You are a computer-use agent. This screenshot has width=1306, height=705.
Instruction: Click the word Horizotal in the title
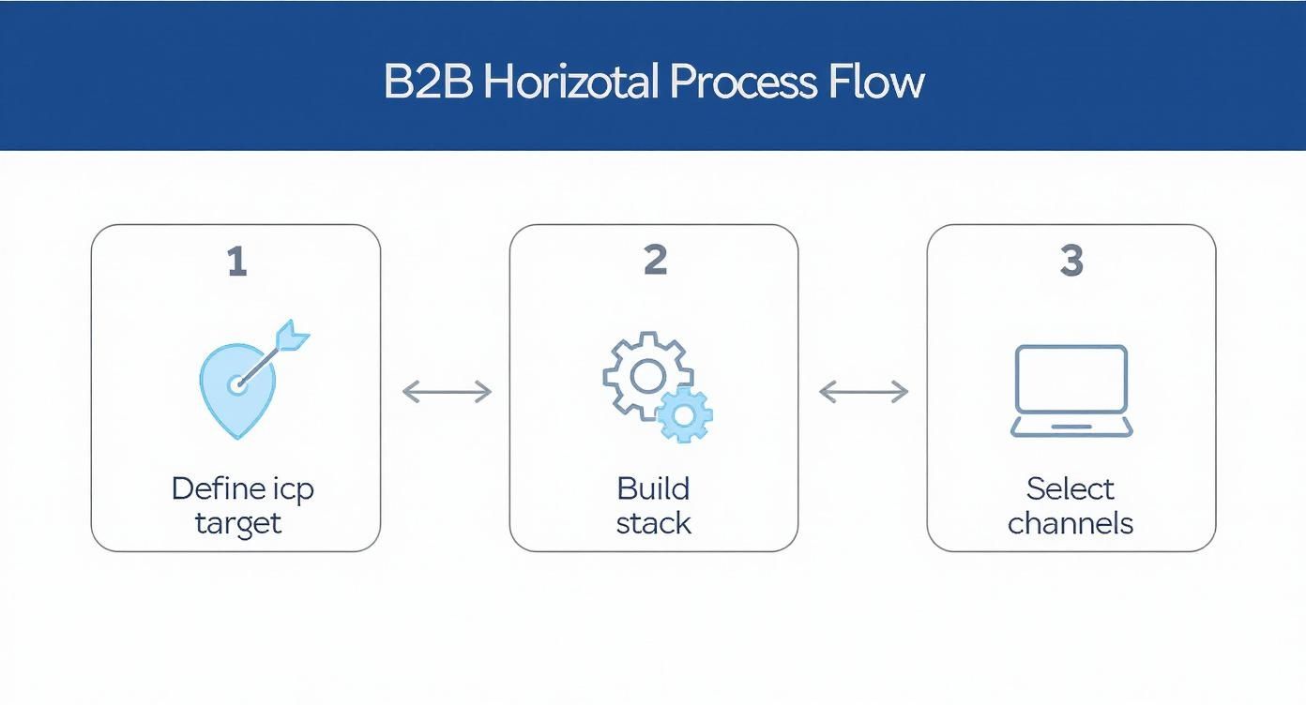[x=572, y=82]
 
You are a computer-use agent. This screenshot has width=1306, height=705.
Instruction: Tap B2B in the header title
[x=430, y=82]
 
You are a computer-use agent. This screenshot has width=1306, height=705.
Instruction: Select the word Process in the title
[x=742, y=82]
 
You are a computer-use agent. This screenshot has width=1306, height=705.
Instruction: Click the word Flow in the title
[x=876, y=82]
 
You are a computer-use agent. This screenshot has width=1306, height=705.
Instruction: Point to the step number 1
[x=237, y=262]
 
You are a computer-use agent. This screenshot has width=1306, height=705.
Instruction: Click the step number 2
[x=655, y=261]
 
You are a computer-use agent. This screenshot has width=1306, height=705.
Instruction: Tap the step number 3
[x=1071, y=261]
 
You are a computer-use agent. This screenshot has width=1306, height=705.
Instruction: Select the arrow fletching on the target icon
[x=295, y=335]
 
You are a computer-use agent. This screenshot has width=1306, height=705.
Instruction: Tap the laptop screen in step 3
[x=1071, y=379]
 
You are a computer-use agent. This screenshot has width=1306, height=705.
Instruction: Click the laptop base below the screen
[x=1071, y=427]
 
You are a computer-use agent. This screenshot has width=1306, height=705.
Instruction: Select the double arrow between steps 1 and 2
[x=447, y=392]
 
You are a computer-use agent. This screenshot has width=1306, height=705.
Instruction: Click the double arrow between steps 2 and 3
[x=863, y=392]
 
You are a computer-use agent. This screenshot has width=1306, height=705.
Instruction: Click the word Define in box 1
[x=209, y=488]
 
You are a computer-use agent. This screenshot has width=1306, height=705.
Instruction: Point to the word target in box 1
[x=237, y=522]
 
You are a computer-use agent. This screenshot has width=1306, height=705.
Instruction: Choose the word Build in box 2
[x=653, y=488]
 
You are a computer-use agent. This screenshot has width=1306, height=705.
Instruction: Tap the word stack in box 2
[x=653, y=522]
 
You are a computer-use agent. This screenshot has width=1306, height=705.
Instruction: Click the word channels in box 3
[x=1071, y=522]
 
